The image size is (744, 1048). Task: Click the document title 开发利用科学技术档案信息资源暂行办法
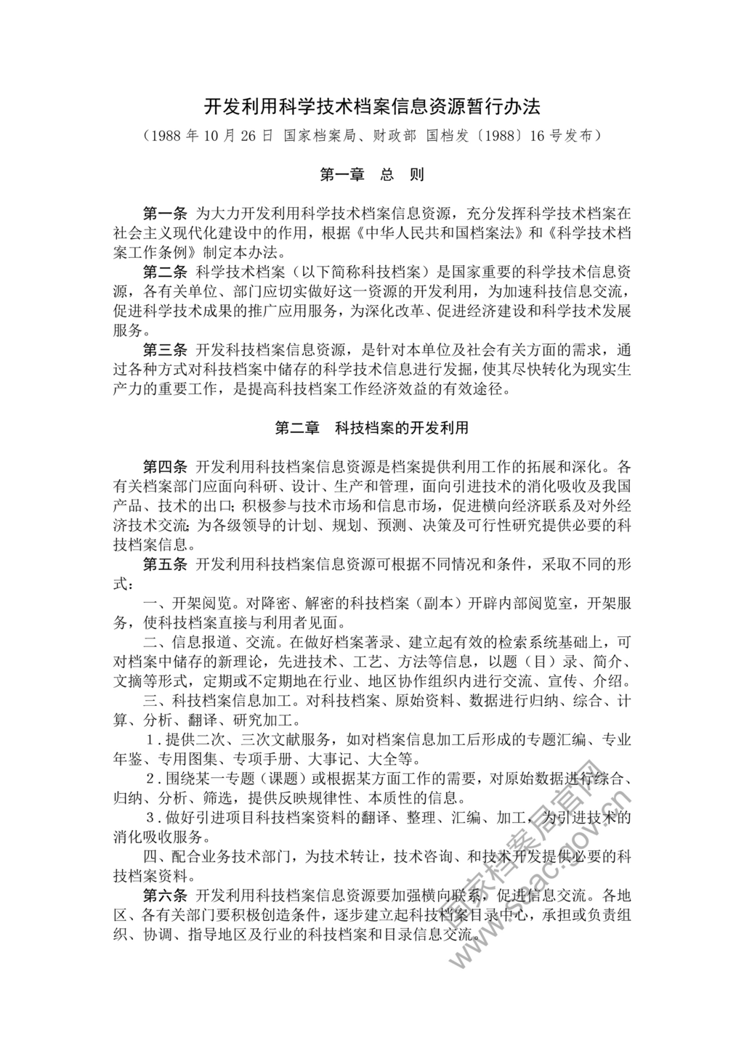[x=371, y=107]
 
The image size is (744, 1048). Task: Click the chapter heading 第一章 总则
[x=371, y=174]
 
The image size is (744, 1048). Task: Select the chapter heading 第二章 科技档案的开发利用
[x=371, y=428]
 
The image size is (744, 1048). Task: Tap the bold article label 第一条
[x=166, y=214]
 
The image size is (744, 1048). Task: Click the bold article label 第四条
[x=166, y=466]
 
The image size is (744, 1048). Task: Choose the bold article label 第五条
[x=166, y=564]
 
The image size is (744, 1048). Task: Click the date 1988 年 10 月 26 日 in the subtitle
[x=211, y=136]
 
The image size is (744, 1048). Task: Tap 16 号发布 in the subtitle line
[x=565, y=136]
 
